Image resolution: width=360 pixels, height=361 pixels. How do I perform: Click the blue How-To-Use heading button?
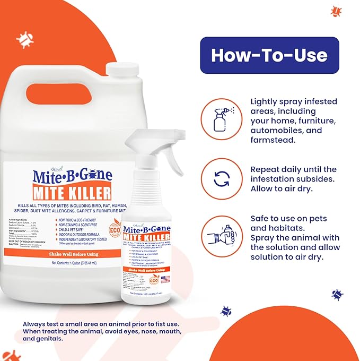[x=269, y=55]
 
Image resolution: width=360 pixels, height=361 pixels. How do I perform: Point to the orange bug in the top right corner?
[x=335, y=11]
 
